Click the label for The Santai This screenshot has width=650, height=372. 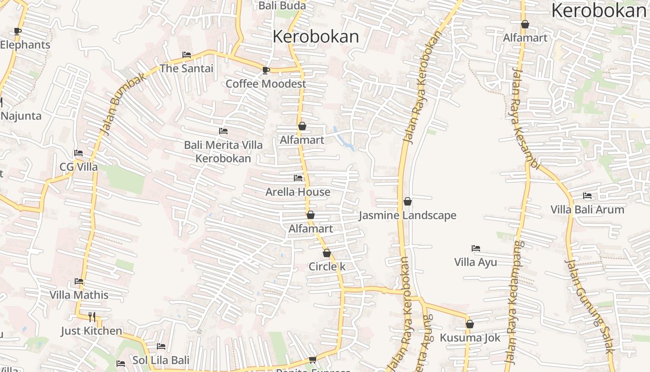coord(187,68)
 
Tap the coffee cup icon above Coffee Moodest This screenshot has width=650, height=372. coord(266,70)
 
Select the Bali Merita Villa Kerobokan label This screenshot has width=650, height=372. coord(223,152)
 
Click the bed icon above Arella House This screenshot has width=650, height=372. coord(298,178)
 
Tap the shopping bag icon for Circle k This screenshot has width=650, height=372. coord(327,253)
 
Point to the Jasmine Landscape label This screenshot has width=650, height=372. coord(408,215)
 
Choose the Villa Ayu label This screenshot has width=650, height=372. coord(475,262)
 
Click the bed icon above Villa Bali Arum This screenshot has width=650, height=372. coord(587,196)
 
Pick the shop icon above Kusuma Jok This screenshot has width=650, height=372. coord(470,324)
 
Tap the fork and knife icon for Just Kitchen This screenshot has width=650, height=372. coord(92,317)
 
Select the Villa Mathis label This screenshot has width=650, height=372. coord(79,295)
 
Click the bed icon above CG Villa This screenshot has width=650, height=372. coord(78,153)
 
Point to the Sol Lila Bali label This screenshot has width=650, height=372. coord(161,360)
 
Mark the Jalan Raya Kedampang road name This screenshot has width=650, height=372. coord(514,302)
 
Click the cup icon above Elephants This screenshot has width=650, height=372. coord(18,31)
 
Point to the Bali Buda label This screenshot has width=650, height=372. coord(282,6)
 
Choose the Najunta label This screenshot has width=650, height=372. coord(21,116)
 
